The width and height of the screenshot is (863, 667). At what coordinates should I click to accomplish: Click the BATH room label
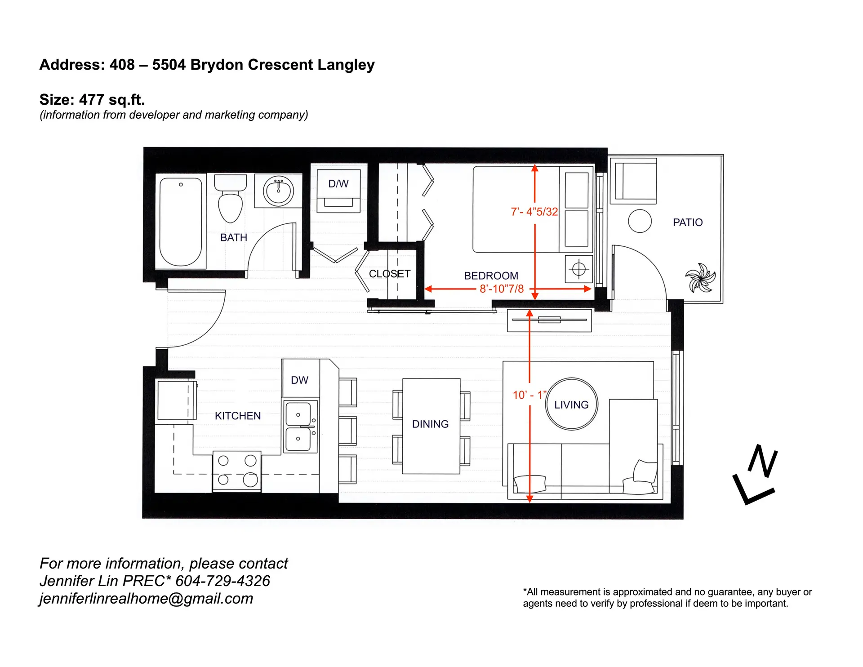click(233, 237)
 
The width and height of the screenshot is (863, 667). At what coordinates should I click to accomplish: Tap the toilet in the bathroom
click(230, 200)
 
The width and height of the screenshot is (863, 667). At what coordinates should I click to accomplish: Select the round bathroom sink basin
click(278, 191)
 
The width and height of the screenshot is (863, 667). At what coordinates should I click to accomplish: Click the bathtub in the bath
click(181, 221)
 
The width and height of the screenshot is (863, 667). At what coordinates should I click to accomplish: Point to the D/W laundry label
click(338, 183)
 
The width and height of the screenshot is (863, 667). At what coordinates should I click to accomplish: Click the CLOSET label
click(389, 274)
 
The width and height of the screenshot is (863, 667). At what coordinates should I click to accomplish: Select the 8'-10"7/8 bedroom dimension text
click(502, 289)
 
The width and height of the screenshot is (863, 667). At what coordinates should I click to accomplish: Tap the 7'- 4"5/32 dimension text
click(534, 212)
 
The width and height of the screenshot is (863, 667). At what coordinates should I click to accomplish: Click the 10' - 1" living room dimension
click(529, 395)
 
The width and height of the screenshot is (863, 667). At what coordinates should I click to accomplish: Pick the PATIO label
click(687, 222)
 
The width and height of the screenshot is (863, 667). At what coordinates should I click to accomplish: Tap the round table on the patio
click(639, 221)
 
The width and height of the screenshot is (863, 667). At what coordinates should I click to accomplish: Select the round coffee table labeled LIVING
click(571, 404)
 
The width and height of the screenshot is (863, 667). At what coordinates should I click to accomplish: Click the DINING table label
click(430, 424)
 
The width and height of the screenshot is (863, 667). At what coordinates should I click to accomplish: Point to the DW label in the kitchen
click(299, 380)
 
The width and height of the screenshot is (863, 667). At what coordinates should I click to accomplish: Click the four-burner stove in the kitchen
click(237, 471)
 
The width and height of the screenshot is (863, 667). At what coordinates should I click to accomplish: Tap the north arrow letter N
click(763, 461)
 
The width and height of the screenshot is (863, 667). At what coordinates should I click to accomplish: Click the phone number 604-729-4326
click(222, 581)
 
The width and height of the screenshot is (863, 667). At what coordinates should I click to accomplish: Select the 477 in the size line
click(92, 99)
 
